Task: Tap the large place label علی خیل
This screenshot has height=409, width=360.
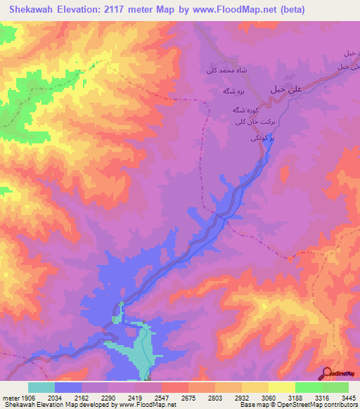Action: point(287,89)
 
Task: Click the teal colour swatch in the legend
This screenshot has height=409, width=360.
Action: point(41,387)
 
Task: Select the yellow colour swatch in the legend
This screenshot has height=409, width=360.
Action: point(281,387)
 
